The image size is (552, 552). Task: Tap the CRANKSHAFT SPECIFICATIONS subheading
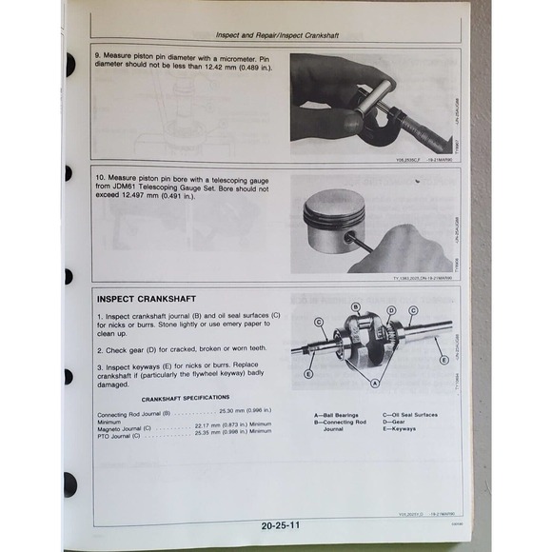186,397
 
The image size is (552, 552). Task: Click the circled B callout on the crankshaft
355,307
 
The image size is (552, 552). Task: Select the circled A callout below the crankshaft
374,383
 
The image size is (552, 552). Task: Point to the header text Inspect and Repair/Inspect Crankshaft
276,34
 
